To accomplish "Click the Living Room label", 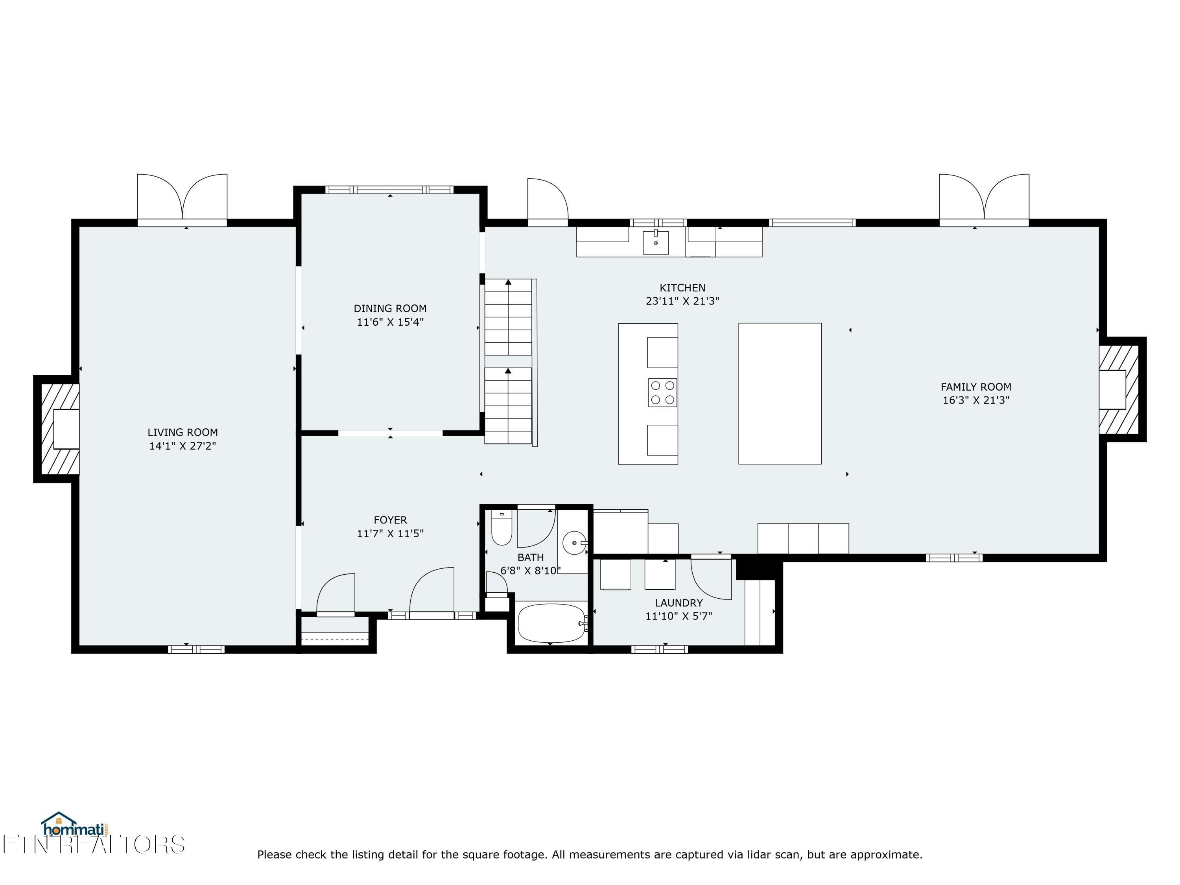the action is point(183,432).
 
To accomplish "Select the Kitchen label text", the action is point(682,288).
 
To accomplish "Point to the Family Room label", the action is point(976,387).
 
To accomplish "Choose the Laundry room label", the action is point(678,603).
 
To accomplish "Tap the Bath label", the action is point(530,557).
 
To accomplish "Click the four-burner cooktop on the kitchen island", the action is point(662,393).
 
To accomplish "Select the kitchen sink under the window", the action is point(656,243).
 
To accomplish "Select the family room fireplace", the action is point(1121,389).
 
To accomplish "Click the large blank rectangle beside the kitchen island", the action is point(779,394).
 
